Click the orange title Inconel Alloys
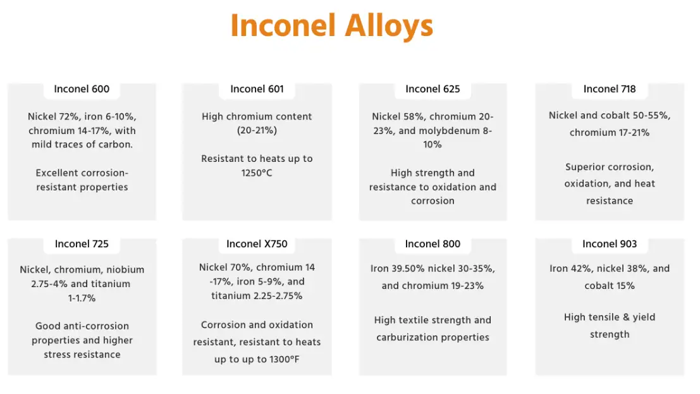click(332, 26)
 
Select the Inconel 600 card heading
click(82, 89)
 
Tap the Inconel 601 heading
click(257, 89)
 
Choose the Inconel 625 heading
click(433, 89)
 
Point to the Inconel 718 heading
click(610, 89)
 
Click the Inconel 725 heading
click(82, 244)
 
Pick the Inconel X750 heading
click(257, 244)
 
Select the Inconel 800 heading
click(433, 244)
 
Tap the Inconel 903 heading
click(610, 244)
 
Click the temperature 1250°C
click(257, 173)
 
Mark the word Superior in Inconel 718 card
click(586, 167)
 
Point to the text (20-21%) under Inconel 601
click(257, 130)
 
